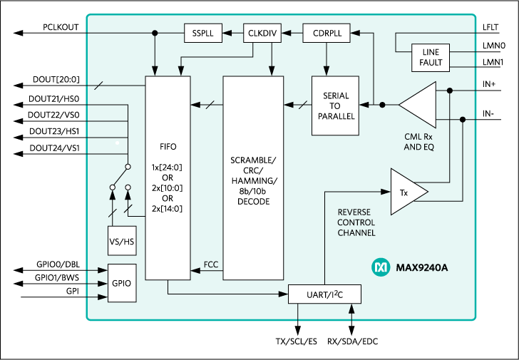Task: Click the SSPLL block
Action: pos(203,33)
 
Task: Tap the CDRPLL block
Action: pos(326,33)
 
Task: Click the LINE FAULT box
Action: pos(431,57)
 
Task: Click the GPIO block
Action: pos(121,283)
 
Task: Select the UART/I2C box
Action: pos(324,294)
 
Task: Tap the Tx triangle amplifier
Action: pos(406,192)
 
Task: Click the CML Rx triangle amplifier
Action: pos(421,105)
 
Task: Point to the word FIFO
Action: pos(168,147)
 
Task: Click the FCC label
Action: pos(211,264)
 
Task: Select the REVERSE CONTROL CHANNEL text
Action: pos(356,222)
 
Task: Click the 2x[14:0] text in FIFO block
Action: pos(168,209)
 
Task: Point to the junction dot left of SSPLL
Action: pos(155,33)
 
